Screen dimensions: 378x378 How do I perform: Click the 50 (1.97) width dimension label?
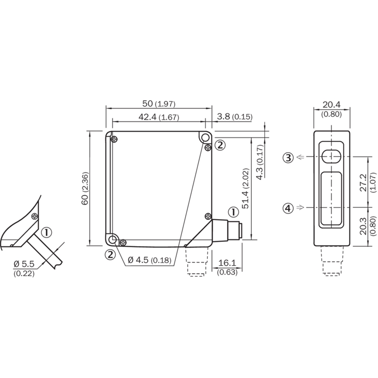pos(159,103)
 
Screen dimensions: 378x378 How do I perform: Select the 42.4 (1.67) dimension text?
pos(159,117)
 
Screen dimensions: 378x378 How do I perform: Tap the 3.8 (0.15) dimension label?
pos(235,117)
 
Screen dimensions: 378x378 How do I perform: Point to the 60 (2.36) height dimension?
pos(85,188)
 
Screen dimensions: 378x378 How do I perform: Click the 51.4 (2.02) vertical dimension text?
pos(245,188)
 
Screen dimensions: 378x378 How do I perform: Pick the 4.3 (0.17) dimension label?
pos(260,162)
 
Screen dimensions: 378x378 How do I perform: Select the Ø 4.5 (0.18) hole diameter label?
pos(149,260)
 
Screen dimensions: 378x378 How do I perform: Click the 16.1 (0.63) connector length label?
pos(227,267)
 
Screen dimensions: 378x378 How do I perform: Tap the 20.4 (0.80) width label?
pos(332,109)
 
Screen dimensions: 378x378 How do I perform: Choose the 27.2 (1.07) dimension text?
pos(367,182)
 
